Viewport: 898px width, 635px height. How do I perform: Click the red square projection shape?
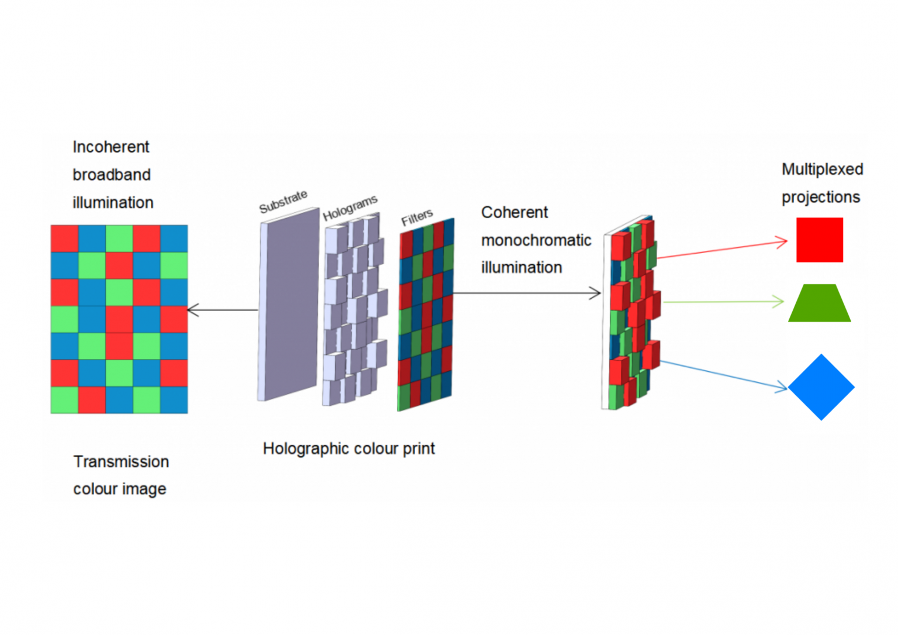pos(819,240)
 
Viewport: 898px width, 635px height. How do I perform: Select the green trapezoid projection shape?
pos(819,304)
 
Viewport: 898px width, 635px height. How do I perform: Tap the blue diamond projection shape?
pos(821,387)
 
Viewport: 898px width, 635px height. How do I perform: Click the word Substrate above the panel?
pos(283,202)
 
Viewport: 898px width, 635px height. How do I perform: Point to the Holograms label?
pos(350,208)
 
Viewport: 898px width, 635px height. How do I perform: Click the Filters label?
pos(416,218)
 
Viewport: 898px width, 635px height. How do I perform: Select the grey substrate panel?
pos(289,304)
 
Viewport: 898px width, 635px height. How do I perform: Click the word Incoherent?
pos(110,147)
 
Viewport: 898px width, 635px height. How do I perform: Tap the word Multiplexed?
pos(822,169)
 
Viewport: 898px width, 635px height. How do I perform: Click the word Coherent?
pos(514,212)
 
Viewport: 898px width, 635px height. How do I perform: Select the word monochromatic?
pos(536,240)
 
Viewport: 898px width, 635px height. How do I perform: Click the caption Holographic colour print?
pos(348,448)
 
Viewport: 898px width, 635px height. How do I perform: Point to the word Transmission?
pos(121,461)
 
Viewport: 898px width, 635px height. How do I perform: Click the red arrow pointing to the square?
pos(722,249)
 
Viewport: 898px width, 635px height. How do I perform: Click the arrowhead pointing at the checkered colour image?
pos(192,310)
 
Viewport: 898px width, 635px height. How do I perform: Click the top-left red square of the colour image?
pos(64,239)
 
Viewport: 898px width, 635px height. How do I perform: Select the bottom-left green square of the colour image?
pos(64,400)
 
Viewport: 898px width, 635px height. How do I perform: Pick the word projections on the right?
pos(820,197)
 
